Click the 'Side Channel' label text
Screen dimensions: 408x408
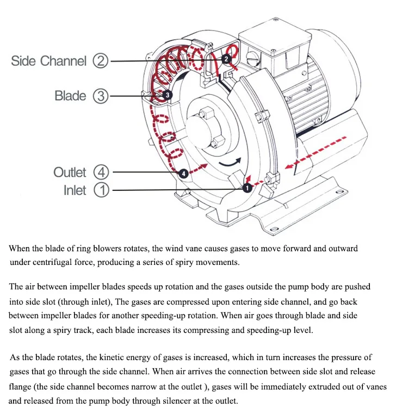point(48,60)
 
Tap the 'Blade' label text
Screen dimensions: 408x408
point(70,96)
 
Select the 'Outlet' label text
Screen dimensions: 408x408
point(70,172)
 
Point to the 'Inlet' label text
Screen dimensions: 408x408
point(75,190)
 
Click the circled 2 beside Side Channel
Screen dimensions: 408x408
point(101,60)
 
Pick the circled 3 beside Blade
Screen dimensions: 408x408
point(101,96)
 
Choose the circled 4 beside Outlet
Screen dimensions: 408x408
point(101,172)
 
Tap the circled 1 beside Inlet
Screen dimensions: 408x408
point(101,190)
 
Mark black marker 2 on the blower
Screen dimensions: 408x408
point(226,58)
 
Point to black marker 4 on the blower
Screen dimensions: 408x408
point(183,173)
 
